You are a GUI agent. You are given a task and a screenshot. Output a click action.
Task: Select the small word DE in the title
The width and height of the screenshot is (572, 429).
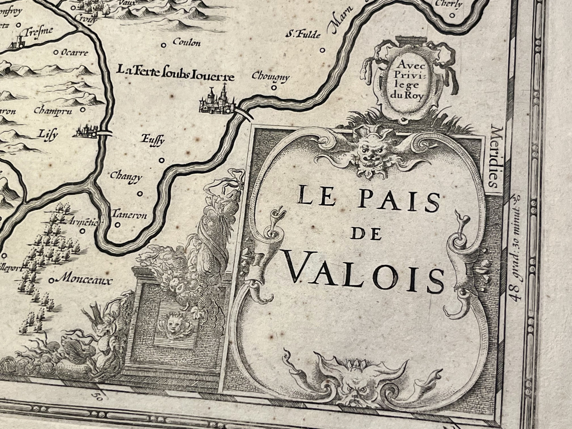point(366,235)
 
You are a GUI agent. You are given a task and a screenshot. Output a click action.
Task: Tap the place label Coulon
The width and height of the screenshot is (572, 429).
point(186,43)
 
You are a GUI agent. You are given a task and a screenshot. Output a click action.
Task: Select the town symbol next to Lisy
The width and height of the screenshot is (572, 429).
point(86,132)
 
